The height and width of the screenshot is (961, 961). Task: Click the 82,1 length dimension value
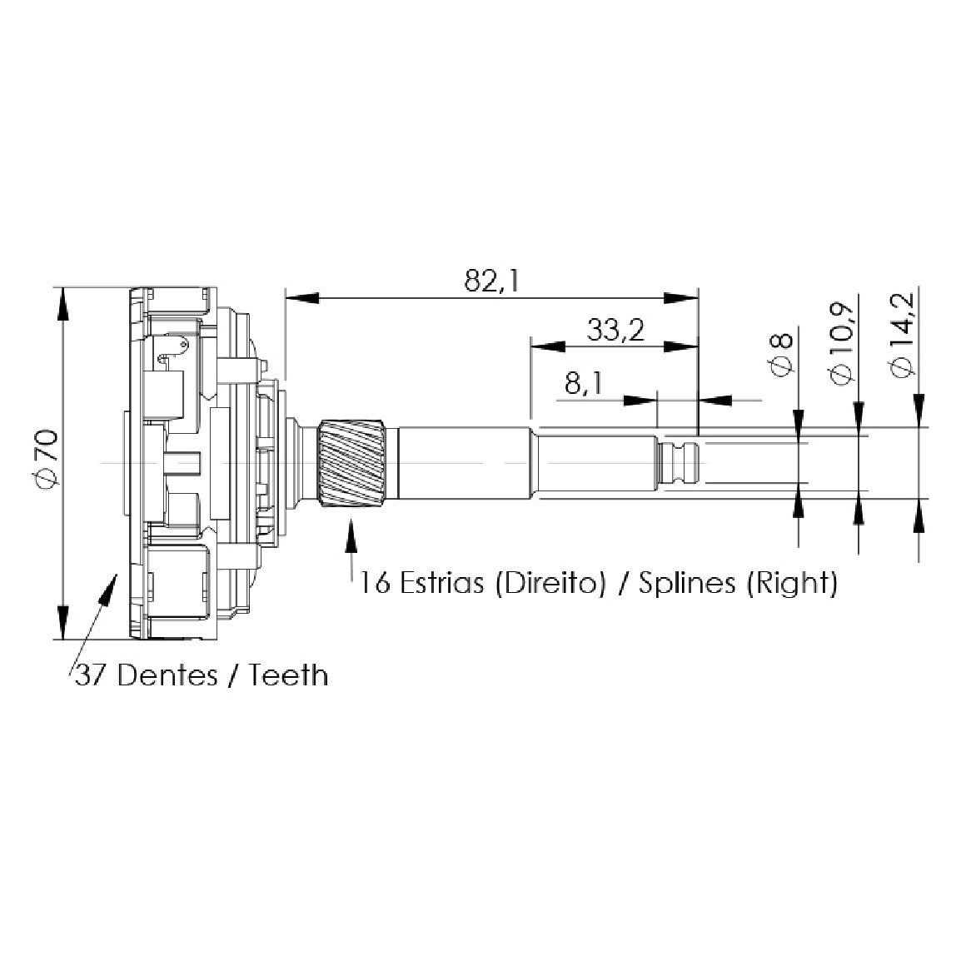point(491,281)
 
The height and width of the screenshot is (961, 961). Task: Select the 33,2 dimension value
point(615,331)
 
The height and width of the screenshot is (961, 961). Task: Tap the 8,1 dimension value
point(584,384)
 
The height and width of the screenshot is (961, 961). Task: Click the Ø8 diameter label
point(781,356)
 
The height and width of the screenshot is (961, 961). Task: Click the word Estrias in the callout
point(441,583)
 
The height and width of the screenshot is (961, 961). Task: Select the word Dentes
point(167,676)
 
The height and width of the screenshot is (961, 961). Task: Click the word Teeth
point(287,676)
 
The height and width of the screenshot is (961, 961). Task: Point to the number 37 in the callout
point(92,676)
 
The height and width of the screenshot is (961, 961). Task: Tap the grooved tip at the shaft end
point(679,462)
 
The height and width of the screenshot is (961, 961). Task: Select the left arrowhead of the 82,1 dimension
point(302,298)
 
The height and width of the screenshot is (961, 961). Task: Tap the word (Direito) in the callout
point(549,584)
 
